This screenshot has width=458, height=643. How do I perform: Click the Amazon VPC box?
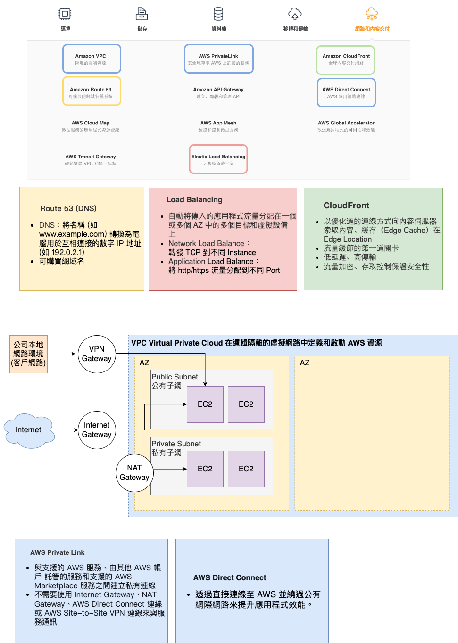(x=92, y=59)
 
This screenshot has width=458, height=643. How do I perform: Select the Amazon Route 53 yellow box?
(x=92, y=91)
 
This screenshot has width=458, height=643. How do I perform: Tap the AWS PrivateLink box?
(x=218, y=59)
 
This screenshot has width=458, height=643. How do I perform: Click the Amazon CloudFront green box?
(x=346, y=60)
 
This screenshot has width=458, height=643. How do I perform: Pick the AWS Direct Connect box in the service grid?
(x=346, y=93)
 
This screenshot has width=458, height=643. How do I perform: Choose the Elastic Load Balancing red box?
(x=218, y=159)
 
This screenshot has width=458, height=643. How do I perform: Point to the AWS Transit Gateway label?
(x=91, y=157)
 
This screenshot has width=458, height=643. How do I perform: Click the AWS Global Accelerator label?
(x=346, y=123)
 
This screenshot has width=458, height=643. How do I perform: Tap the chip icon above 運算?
(x=65, y=14)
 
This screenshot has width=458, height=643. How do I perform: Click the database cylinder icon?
(x=218, y=14)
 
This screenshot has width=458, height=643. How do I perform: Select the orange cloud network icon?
(x=372, y=14)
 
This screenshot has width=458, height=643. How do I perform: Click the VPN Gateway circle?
(x=97, y=354)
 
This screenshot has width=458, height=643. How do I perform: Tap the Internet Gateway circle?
(x=97, y=430)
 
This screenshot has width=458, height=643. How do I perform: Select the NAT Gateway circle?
(x=134, y=473)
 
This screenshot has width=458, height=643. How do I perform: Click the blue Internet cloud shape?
(x=29, y=430)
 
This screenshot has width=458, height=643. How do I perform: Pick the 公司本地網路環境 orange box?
(x=28, y=354)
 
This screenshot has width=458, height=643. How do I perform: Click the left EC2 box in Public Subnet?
(x=205, y=404)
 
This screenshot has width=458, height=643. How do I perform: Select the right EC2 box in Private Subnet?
(x=246, y=469)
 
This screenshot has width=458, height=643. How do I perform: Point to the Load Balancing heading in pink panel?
(x=194, y=200)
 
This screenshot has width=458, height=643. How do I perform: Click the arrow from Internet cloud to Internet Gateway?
(x=66, y=430)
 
